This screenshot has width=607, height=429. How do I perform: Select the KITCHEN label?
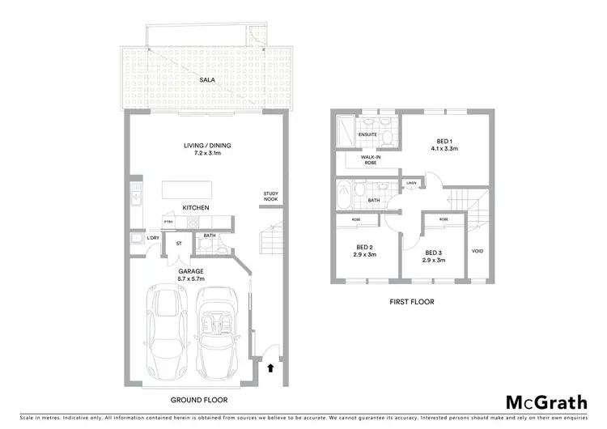195,208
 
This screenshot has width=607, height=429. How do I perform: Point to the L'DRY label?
152,237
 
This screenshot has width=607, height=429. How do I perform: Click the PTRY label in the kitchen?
168,222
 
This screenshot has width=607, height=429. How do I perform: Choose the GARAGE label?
192,271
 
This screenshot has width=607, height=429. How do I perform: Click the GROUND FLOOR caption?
199,400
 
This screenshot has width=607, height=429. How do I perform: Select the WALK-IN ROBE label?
360,161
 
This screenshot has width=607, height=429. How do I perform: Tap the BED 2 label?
364,249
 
